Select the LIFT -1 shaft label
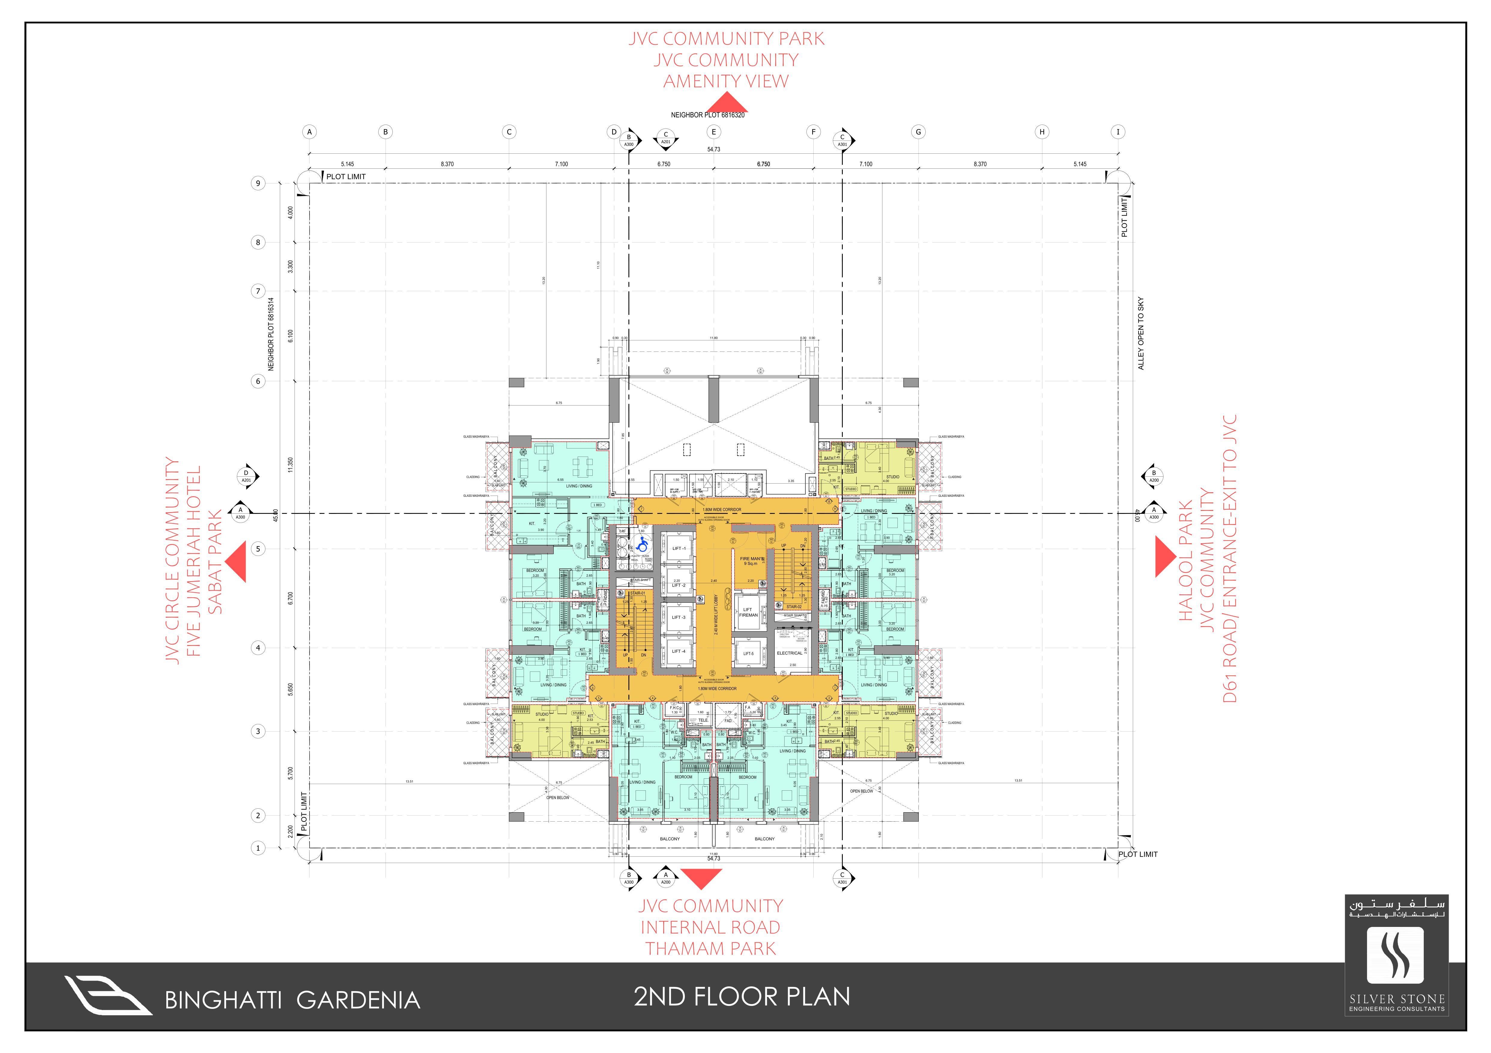[679, 549]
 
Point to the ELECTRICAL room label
[790, 653]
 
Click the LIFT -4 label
[679, 651]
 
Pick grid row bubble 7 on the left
[258, 291]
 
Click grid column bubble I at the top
[1117, 132]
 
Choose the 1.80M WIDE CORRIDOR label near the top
[721, 510]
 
